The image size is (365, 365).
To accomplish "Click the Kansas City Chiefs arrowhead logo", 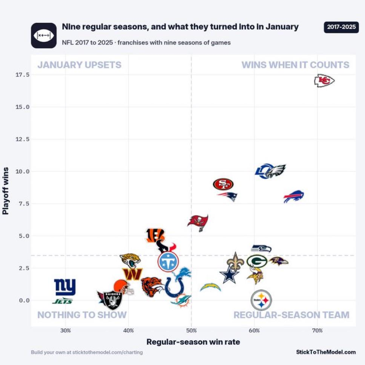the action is [324, 81].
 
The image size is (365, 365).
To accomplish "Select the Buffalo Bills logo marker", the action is [294, 196].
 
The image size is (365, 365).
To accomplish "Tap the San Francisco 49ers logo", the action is [223, 184].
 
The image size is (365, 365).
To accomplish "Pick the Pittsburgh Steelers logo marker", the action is [261, 300].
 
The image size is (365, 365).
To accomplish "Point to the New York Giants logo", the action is [65, 287].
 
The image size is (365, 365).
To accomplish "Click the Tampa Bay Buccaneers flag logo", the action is [198, 223].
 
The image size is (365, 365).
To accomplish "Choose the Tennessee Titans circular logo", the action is [168, 262].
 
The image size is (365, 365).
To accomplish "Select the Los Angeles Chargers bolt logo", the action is [210, 287].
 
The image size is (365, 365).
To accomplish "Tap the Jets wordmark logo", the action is [63, 301].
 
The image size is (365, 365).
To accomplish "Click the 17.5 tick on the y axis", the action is [23, 75].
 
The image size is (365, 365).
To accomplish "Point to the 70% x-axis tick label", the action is [317, 331].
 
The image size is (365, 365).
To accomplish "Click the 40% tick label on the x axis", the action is [129, 331].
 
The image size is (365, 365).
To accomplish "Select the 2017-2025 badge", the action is [341, 27].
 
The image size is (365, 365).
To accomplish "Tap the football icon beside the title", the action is [44, 35].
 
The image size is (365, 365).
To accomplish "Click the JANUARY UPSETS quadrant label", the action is [80, 65].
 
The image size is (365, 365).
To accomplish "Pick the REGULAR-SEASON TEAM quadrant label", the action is [291, 315].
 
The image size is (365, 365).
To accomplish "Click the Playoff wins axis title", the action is [5, 191].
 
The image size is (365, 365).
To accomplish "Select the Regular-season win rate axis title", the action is [193, 342].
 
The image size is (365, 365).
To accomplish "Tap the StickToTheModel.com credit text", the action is [326, 352].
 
